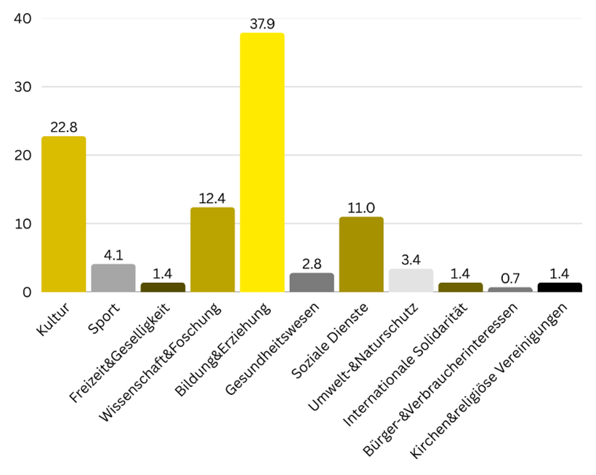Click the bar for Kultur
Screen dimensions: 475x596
[x=64, y=214]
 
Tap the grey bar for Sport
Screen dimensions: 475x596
[x=113, y=278]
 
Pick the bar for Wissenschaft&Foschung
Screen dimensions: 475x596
[x=212, y=250]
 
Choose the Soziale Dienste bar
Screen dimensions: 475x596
[x=361, y=254]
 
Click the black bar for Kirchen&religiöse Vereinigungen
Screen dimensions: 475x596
[x=560, y=287]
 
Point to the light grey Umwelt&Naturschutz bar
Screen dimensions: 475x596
[x=411, y=280]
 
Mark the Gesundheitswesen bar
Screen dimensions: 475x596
[x=312, y=282]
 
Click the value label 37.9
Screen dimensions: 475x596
[x=262, y=24]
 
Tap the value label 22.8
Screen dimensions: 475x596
[x=64, y=127]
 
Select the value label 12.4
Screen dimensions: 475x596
[x=212, y=199]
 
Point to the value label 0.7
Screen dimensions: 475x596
[x=510, y=279]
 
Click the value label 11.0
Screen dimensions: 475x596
[x=361, y=208]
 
